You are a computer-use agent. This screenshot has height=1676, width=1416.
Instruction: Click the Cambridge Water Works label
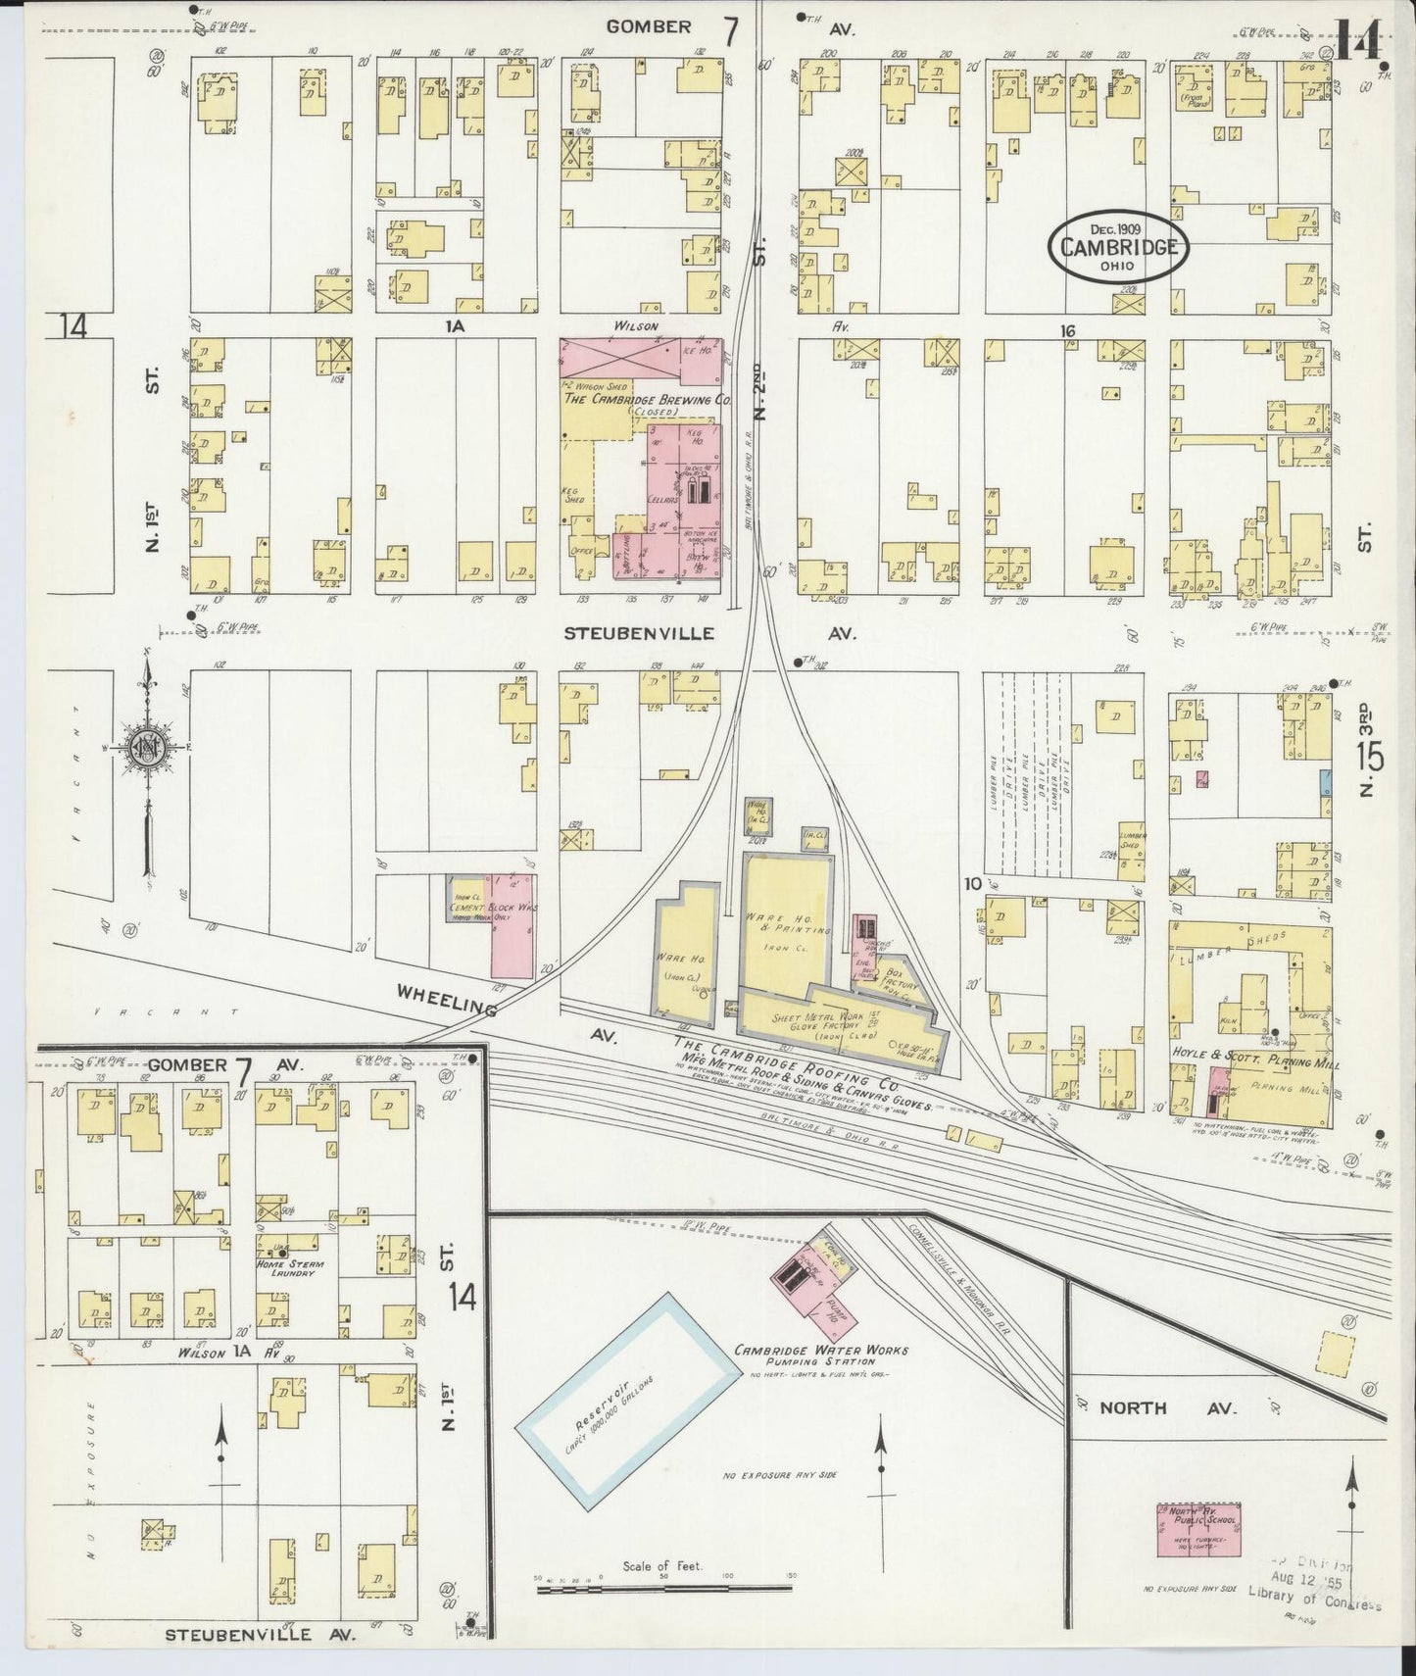point(821,1351)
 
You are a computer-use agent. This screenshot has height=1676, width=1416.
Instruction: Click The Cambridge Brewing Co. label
point(647,400)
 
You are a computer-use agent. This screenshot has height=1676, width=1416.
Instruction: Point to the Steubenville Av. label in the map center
point(638,634)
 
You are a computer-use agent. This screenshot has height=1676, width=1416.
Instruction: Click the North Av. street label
point(1133,1407)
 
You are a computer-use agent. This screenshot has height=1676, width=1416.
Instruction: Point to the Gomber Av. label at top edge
point(649,27)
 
